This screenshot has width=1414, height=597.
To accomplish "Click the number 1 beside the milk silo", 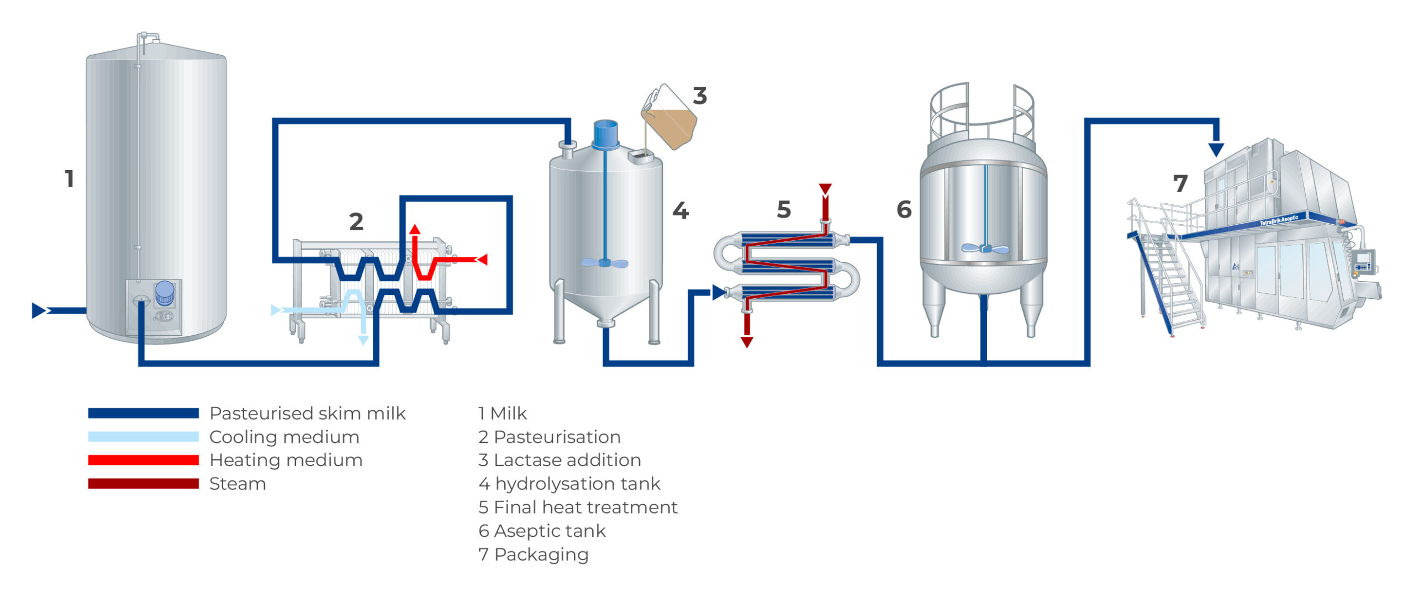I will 69,179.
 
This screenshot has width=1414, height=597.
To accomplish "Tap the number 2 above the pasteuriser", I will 356,222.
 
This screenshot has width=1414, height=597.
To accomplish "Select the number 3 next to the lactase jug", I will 700,96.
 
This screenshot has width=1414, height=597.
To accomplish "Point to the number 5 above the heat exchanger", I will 784,210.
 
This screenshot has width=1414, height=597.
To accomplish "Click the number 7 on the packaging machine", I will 1180,184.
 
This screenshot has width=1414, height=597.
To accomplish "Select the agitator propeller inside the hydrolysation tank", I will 605,263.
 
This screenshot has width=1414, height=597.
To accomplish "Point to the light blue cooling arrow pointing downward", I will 363,339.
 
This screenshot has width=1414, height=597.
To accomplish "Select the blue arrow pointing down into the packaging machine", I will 1216,149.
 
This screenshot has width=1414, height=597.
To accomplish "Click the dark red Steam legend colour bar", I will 143,484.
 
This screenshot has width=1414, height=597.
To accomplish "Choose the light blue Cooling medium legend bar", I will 143,437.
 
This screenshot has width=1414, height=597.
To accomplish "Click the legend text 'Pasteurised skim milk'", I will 307,414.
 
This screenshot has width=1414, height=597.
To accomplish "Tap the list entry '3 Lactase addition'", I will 559,460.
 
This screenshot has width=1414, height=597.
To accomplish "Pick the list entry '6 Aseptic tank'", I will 541,531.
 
